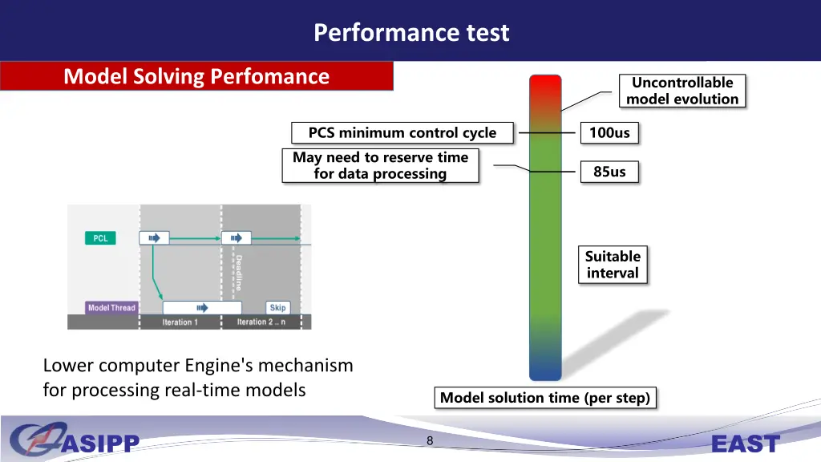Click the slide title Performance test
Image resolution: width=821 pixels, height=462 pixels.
point(411,32)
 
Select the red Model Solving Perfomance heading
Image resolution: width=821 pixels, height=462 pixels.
point(196,76)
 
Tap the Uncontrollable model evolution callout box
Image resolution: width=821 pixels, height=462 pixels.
point(682,91)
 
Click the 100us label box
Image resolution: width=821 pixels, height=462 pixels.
point(609,132)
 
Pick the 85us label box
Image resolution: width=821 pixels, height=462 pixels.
point(609,171)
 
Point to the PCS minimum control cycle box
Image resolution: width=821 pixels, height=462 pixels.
point(402,133)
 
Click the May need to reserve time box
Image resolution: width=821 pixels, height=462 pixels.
point(380,166)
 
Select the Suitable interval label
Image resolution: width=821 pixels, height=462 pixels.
point(613,265)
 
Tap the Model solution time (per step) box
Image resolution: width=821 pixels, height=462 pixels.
point(545,398)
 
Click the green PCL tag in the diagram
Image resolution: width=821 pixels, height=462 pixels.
point(100,238)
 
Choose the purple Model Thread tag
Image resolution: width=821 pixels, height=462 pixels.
point(111,307)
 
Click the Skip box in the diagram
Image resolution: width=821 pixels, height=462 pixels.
point(277,307)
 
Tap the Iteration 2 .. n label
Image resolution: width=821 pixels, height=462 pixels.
point(261,322)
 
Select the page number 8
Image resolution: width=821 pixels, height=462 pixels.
point(430,440)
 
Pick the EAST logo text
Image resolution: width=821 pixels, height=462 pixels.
point(745,444)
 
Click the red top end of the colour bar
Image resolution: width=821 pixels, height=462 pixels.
point(545,84)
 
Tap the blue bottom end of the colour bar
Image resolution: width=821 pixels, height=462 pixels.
point(545,371)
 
